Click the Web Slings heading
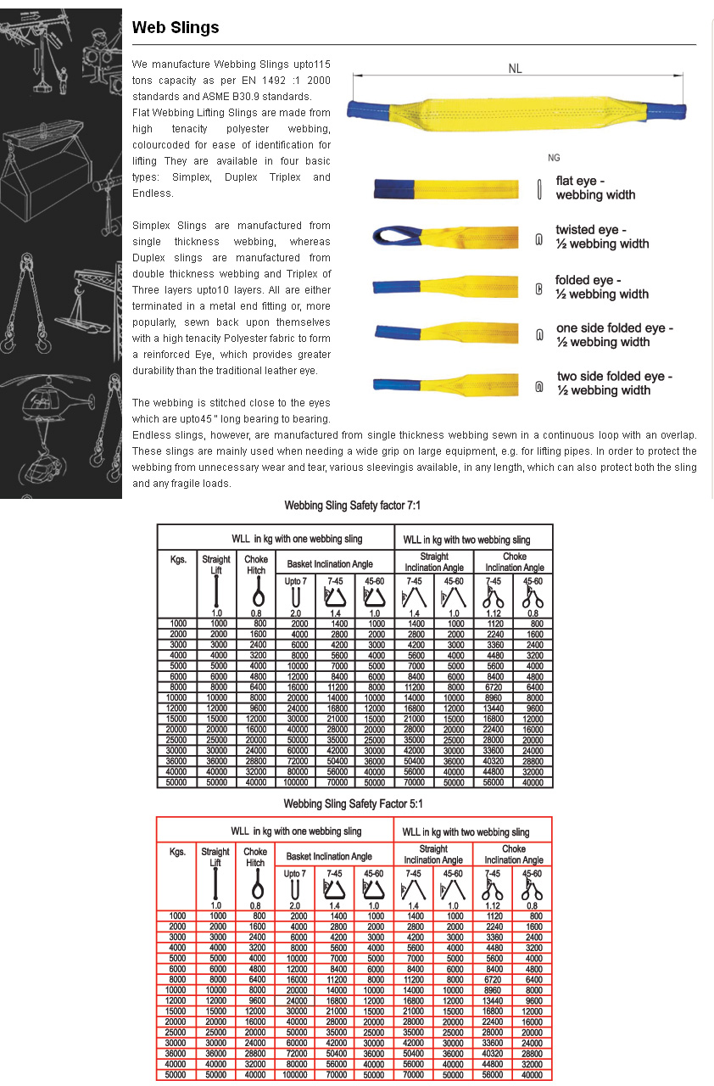[176, 28]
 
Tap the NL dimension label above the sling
[515, 69]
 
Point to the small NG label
[554, 158]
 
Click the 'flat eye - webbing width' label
[595, 188]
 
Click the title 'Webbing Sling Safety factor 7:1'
[353, 507]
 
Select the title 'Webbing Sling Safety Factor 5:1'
[353, 804]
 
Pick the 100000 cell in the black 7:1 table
[295, 782]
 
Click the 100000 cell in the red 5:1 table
[295, 1075]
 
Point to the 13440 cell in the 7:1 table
[494, 708]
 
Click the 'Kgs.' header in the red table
[177, 852]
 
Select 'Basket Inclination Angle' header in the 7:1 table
[335, 563]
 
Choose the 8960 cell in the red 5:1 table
[492, 990]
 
